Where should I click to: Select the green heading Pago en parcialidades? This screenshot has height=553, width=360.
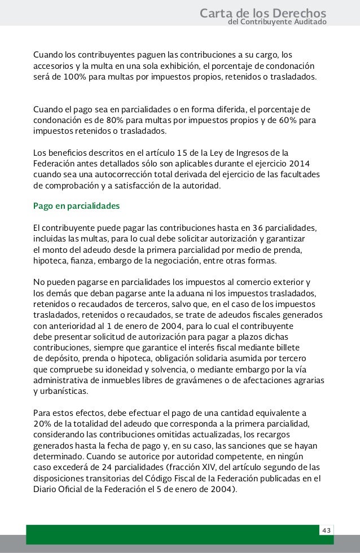(77, 206)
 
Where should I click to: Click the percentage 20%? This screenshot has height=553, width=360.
(43, 424)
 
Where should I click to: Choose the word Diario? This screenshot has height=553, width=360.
(47, 490)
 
